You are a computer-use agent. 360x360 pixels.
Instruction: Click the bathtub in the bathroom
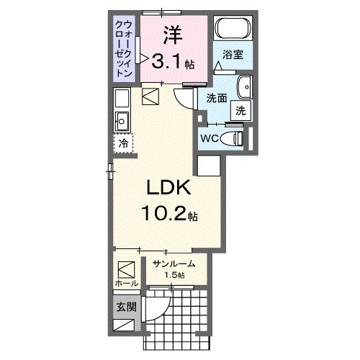point(233,31)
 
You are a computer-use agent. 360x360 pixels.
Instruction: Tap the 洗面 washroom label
point(217,98)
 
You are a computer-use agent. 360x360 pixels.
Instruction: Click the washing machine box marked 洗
point(240,111)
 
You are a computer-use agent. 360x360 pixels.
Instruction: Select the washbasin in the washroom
point(245,86)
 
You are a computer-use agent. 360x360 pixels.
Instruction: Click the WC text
point(210,138)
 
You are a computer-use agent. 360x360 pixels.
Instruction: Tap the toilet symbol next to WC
point(235,138)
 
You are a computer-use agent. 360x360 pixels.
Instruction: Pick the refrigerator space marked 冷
point(123,144)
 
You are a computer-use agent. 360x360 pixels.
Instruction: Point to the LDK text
point(168,189)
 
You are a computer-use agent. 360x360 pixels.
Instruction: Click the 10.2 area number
point(168,214)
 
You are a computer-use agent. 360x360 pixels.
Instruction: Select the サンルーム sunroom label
point(174,264)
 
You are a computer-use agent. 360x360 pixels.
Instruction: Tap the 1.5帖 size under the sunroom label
point(174,275)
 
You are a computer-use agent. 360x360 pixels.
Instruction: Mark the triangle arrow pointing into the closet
point(144,58)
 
